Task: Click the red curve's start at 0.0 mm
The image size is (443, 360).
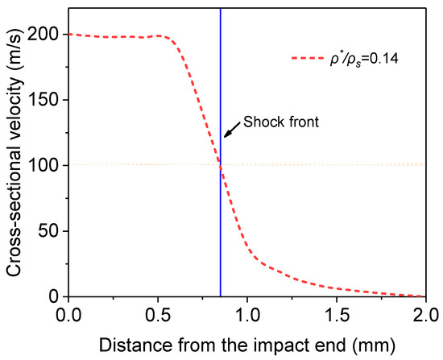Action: (70, 35)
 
